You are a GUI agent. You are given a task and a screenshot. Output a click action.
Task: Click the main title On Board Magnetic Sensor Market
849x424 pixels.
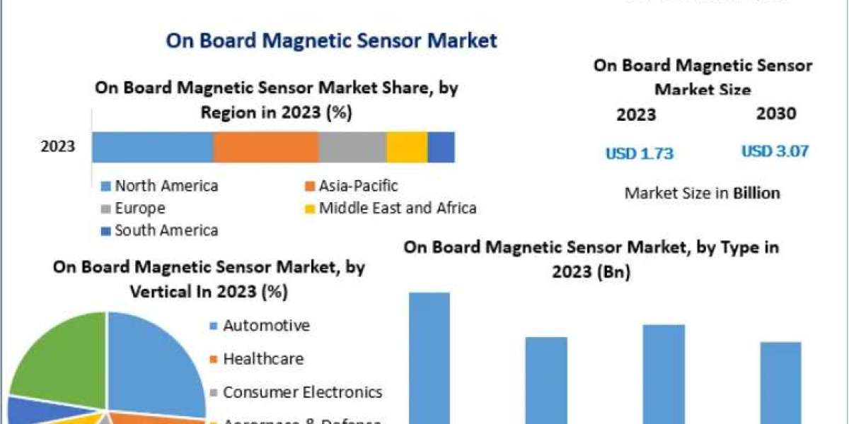[331, 40]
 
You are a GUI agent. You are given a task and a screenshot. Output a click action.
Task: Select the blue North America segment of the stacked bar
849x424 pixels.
[152, 147]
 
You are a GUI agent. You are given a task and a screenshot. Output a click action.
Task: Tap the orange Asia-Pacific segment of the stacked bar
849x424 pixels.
[265, 147]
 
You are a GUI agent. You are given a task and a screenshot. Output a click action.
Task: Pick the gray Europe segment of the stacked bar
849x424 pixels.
[352, 147]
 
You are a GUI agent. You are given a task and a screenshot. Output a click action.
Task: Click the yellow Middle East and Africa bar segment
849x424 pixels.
[407, 147]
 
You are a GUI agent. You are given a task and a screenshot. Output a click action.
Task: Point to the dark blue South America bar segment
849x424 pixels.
[441, 147]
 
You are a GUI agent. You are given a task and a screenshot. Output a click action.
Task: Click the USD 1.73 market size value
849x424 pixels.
[639, 153]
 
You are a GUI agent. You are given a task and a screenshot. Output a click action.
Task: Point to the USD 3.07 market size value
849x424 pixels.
[775, 151]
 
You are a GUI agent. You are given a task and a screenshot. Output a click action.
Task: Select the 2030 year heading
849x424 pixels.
[775, 114]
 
